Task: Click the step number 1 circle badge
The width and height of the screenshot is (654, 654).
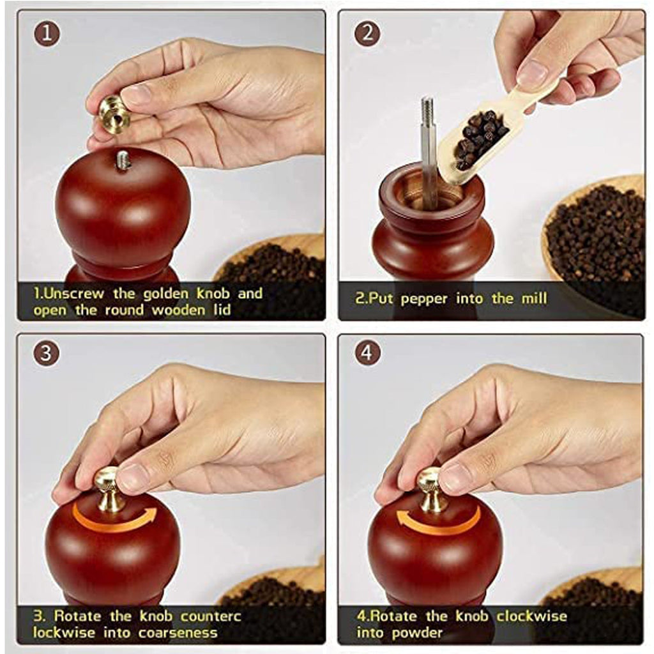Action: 47,33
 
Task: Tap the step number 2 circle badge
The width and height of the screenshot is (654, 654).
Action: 367,33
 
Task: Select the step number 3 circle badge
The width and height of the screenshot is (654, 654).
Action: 47,353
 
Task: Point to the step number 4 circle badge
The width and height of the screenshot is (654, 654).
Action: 367,353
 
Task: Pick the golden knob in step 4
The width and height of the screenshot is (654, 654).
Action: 431,488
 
